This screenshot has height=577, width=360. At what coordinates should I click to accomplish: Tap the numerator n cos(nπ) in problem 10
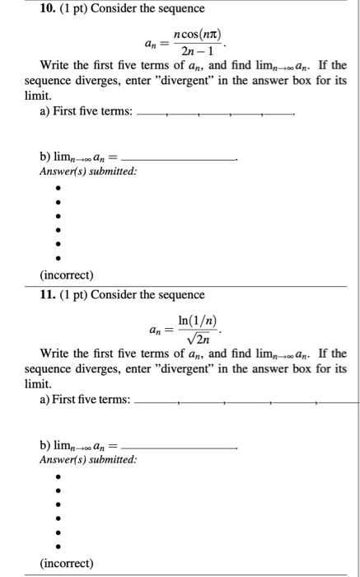pos(191,32)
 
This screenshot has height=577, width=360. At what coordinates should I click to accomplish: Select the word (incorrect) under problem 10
pos(66,274)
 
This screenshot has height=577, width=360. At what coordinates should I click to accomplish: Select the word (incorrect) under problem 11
pos(66,564)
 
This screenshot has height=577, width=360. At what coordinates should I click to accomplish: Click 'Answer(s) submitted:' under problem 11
pos(88,459)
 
